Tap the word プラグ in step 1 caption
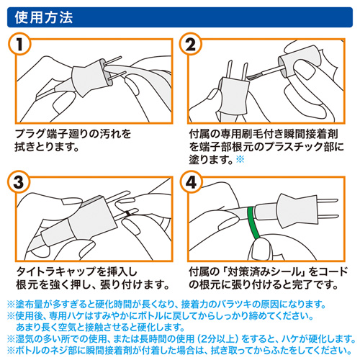tap(30, 133)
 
